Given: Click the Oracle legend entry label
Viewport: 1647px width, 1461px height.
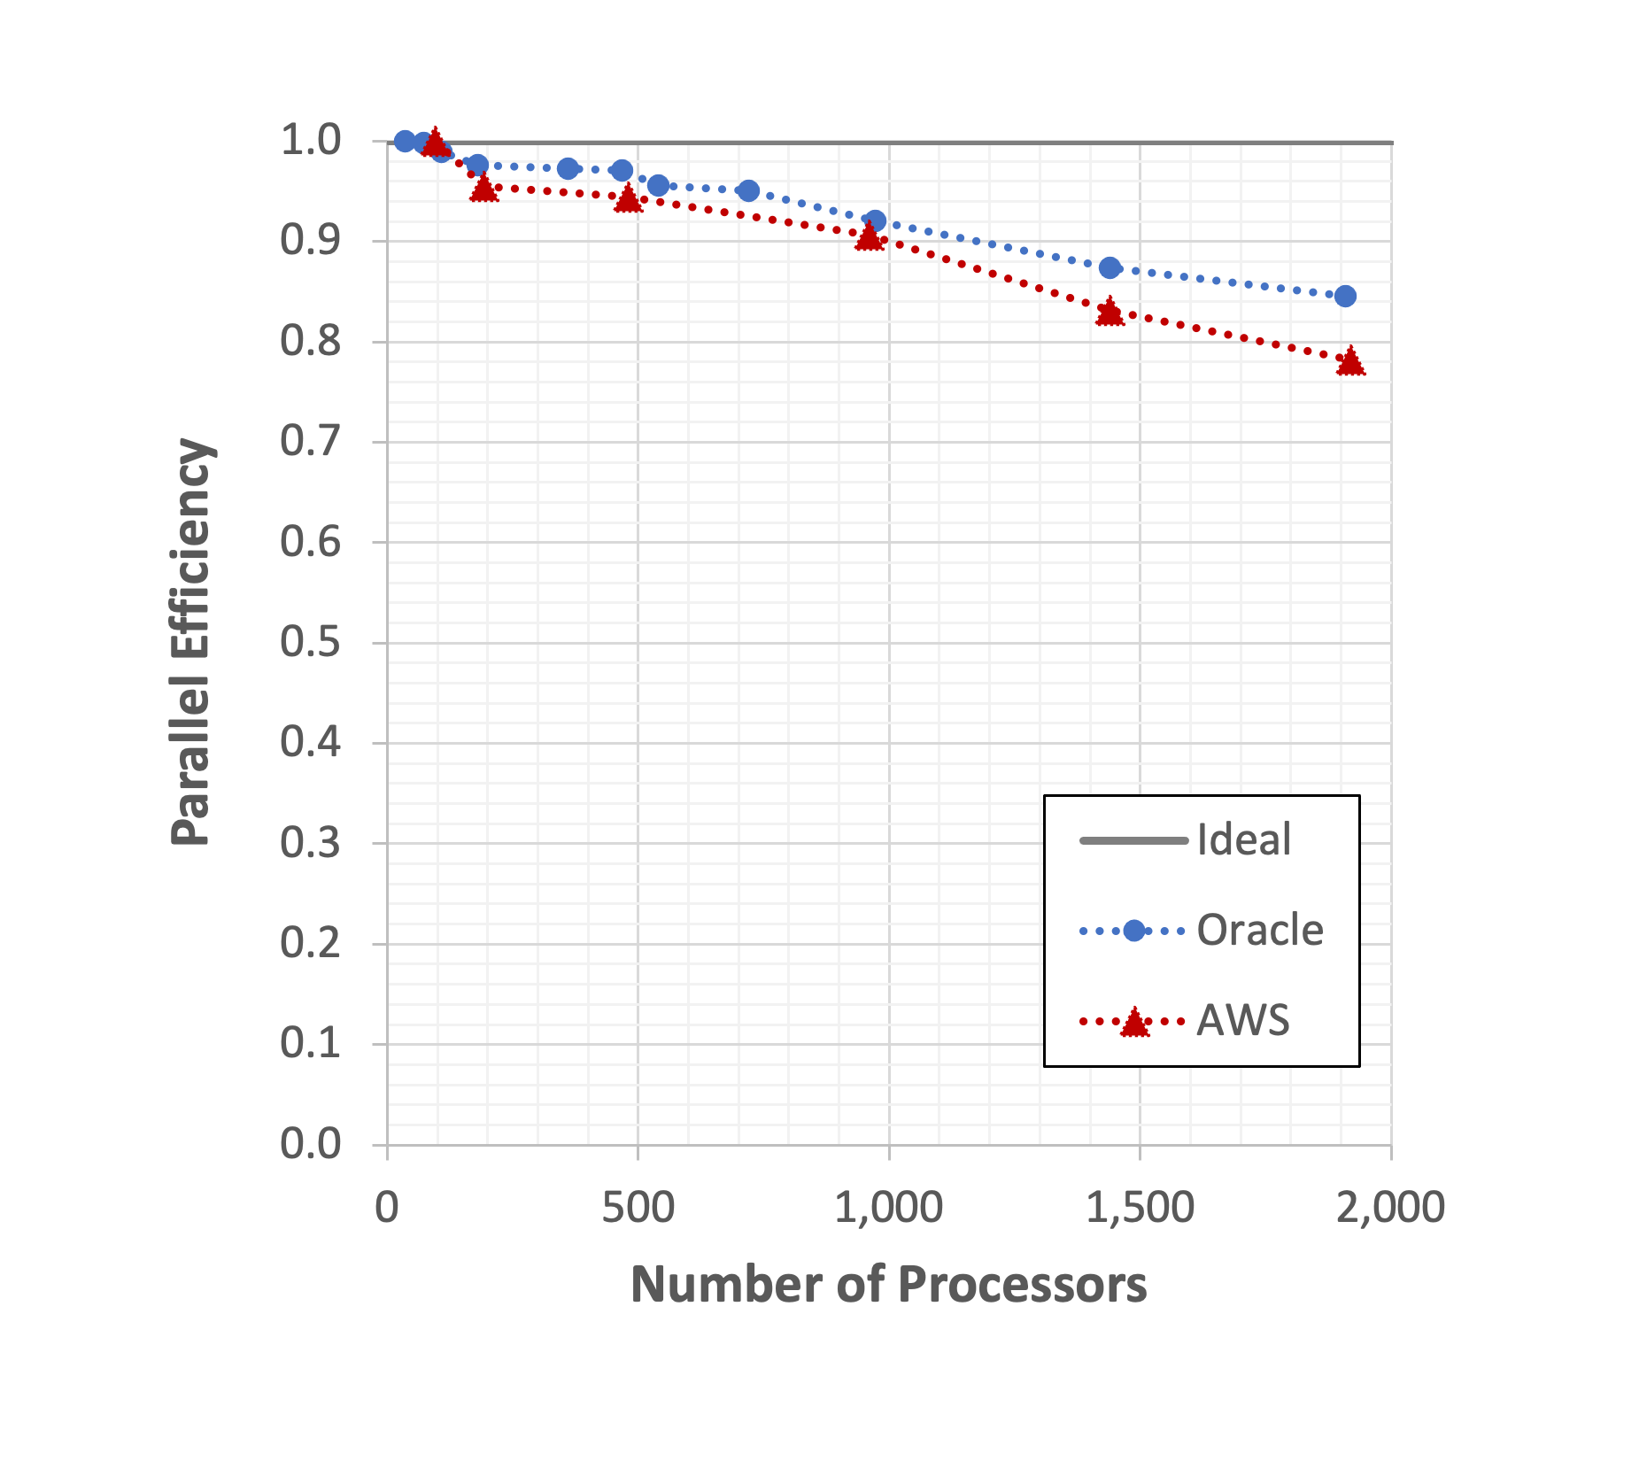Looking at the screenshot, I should (1259, 931).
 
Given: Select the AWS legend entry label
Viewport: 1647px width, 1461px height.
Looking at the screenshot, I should (1242, 1021).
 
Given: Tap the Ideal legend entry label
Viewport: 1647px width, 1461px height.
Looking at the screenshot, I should (1243, 839).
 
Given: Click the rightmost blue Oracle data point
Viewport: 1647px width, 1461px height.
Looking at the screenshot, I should (1345, 296).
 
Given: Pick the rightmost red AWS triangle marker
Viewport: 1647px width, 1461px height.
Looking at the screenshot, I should (1350, 362).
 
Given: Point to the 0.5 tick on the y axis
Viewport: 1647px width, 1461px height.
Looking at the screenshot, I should (311, 642).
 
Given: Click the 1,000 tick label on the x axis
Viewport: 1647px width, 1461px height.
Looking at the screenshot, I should (888, 1208).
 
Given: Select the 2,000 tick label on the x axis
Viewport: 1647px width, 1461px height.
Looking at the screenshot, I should (1389, 1208).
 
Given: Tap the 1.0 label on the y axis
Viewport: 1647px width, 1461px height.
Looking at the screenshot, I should (311, 140).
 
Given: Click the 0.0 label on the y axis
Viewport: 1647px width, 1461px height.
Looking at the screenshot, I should (311, 1144).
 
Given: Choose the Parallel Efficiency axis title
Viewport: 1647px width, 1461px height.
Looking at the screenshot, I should (191, 642).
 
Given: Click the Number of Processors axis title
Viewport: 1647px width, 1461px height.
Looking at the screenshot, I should (888, 1285).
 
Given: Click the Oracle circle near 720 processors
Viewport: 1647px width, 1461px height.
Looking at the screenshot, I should (748, 190).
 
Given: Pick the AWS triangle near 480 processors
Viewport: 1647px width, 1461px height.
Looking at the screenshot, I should (628, 199).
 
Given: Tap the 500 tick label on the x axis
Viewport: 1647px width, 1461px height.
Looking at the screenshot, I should (638, 1208).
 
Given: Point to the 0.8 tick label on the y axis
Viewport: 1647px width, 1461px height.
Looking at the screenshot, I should (311, 341).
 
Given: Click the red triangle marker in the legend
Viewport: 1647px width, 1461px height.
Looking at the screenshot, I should (1134, 1024).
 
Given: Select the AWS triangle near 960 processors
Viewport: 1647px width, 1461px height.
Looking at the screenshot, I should (870, 236).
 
